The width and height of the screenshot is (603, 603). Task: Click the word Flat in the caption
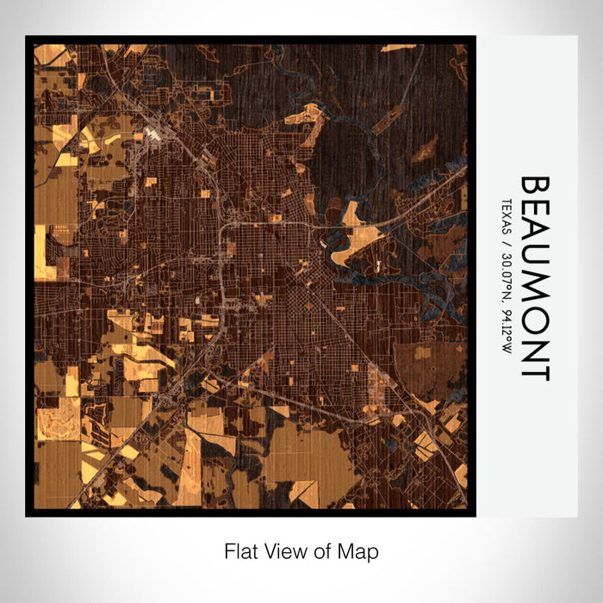pyautogui.click(x=240, y=550)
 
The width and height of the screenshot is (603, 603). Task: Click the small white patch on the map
pyautogui.click(x=152, y=134)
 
